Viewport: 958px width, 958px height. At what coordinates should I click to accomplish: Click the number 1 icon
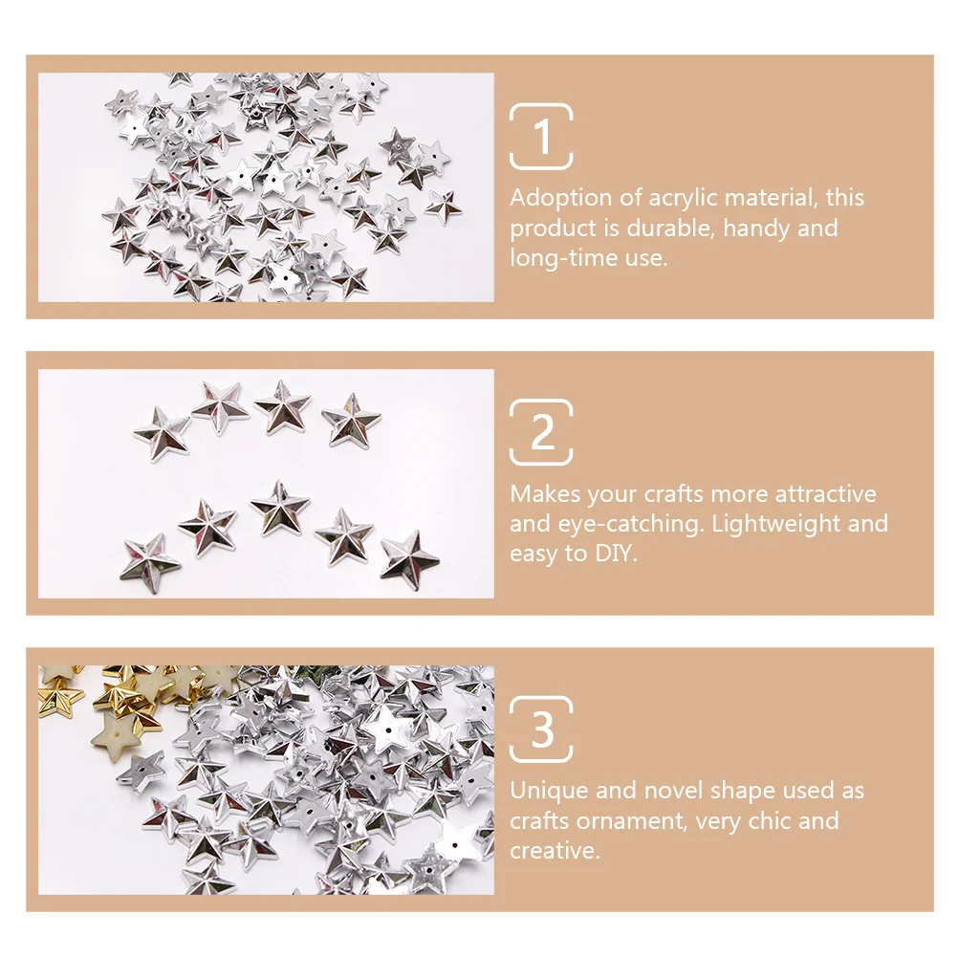(x=542, y=137)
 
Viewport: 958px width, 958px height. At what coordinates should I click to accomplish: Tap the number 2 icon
(x=542, y=432)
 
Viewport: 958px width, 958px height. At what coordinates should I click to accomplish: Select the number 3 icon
(x=542, y=729)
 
